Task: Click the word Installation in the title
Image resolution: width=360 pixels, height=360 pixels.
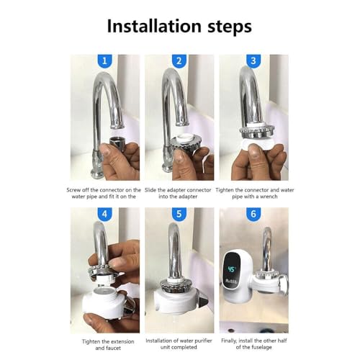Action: coord(154,26)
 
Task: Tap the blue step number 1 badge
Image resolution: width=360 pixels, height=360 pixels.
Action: coord(104,61)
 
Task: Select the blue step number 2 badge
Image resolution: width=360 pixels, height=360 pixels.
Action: coord(179,61)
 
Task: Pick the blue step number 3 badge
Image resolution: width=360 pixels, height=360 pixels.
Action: coord(253,61)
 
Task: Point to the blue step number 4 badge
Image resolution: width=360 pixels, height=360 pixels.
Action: coord(104,214)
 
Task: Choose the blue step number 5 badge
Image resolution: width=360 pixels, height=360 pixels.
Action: coord(179,214)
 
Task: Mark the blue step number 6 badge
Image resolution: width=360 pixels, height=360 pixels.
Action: coord(253,214)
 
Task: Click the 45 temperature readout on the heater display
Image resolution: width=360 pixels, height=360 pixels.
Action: coord(232,269)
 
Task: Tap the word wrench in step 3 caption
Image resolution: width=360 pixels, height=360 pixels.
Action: coord(269,197)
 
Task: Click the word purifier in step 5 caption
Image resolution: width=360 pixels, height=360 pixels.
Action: coord(203,341)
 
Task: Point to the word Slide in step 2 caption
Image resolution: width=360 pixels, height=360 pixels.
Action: coord(150,190)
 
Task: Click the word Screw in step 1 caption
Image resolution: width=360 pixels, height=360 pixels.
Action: coord(73,190)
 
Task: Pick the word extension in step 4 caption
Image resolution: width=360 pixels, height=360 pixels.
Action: coord(122,341)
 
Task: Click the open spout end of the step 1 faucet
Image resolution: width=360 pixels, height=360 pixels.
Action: coord(117,126)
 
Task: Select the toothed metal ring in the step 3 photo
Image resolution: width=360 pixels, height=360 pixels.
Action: coord(257,131)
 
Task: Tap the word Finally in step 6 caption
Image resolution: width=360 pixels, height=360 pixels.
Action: coord(229,341)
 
